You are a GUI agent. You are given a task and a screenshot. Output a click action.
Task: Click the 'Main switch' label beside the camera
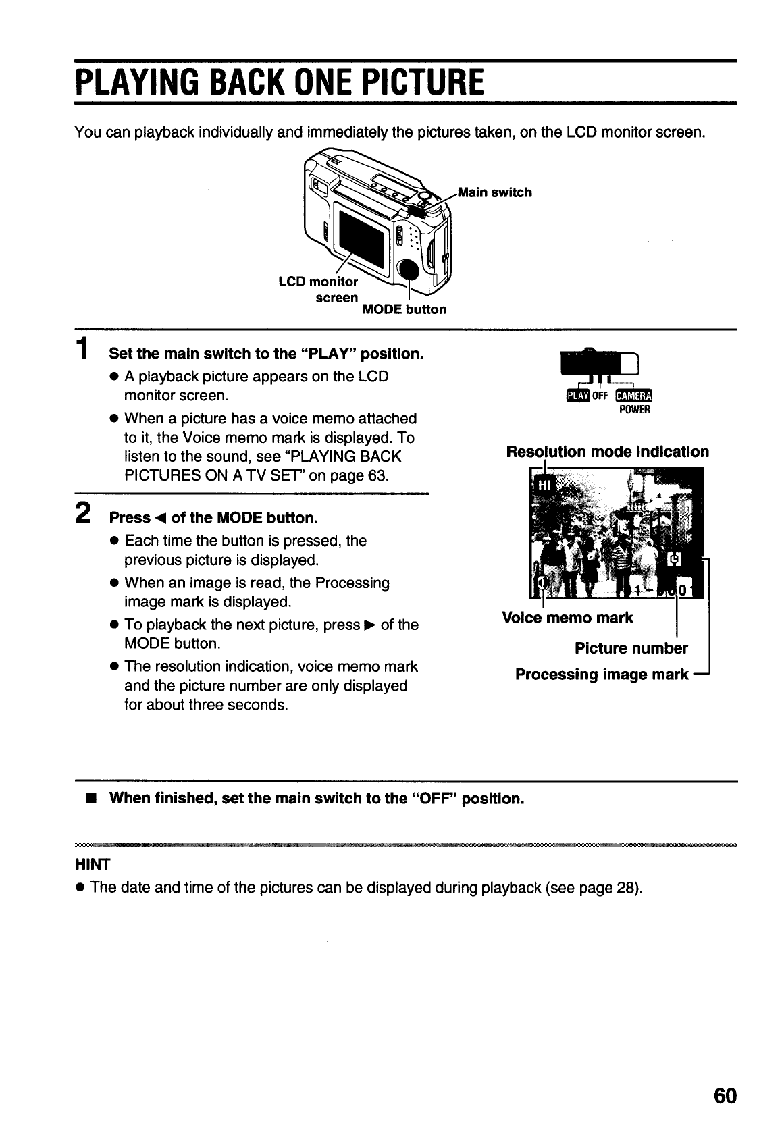pyautogui.click(x=495, y=192)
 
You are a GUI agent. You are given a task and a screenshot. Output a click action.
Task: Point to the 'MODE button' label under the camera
pyautogui.click(x=404, y=309)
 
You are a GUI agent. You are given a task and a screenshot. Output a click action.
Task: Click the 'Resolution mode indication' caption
pyautogui.click(x=607, y=452)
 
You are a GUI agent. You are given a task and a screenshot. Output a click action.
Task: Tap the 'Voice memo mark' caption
pyautogui.click(x=567, y=618)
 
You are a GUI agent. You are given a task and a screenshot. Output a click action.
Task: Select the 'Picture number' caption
pyautogui.click(x=631, y=648)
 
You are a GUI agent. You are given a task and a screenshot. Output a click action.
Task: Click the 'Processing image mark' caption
pyautogui.click(x=602, y=675)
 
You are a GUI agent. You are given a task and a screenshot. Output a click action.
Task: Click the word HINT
pyautogui.click(x=93, y=864)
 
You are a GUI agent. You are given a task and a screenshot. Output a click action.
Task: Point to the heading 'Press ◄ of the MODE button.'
pyautogui.click(x=213, y=518)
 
